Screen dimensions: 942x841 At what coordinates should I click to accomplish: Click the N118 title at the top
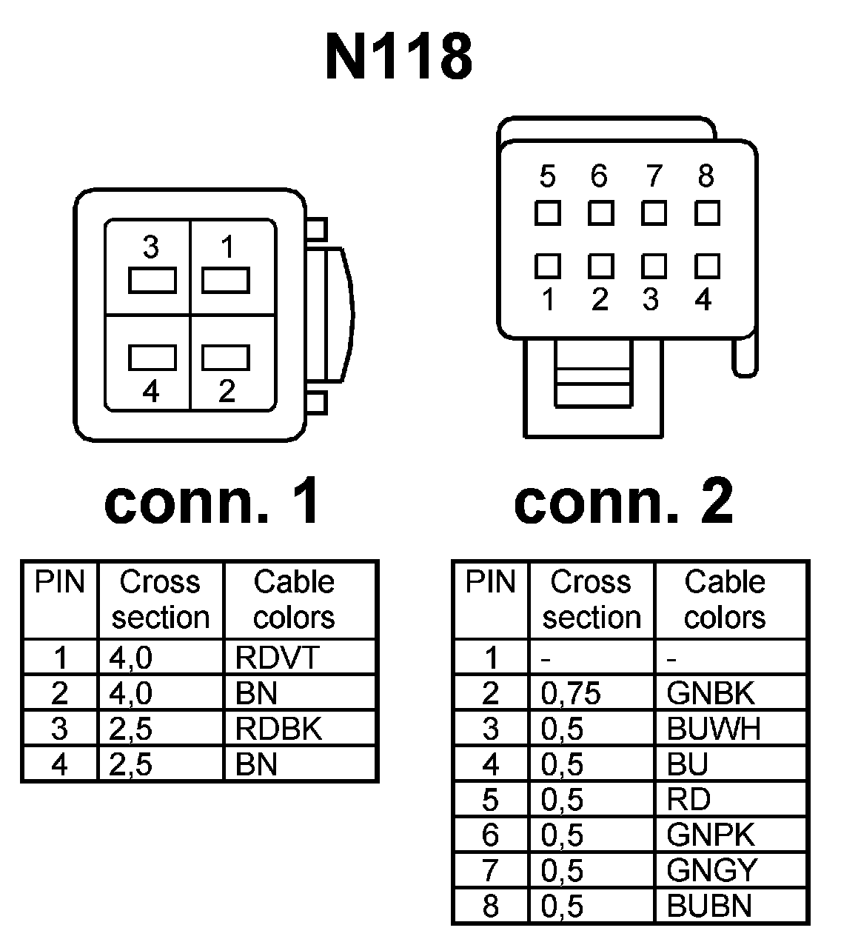click(x=398, y=57)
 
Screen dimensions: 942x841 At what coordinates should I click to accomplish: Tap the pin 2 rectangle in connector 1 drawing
click(x=226, y=357)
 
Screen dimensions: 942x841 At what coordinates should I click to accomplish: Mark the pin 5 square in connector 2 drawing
click(x=548, y=213)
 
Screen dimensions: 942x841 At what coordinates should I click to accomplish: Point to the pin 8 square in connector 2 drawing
click(x=707, y=213)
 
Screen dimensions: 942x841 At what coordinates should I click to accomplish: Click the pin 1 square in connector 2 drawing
click(x=548, y=265)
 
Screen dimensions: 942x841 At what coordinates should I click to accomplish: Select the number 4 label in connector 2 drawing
click(x=703, y=299)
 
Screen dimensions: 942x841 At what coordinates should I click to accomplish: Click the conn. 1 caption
click(x=212, y=501)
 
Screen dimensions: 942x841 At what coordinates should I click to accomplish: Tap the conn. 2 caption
click(x=623, y=501)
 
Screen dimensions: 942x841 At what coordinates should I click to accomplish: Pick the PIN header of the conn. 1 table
click(x=60, y=583)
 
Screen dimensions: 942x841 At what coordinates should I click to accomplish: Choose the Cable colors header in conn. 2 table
click(x=724, y=599)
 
